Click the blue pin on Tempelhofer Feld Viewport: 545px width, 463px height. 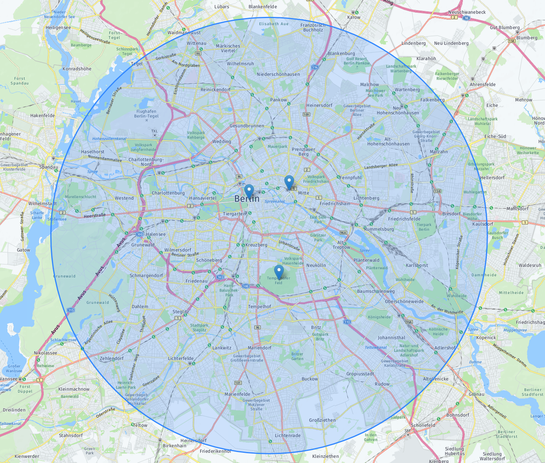[279, 271]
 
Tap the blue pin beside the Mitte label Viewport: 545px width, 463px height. [289, 182]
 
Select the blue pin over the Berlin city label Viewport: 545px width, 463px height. [249, 191]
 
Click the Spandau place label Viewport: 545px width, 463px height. [49, 167]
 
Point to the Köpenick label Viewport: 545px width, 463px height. [486, 338]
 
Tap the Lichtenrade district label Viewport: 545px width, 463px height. [288, 435]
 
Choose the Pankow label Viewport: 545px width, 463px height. [278, 100]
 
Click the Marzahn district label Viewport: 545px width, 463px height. [439, 152]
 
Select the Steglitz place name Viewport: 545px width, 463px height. [181, 312]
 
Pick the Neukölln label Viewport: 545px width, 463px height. [316, 265]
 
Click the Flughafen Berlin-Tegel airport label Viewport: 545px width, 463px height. [146, 114]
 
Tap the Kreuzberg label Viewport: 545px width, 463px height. [256, 245]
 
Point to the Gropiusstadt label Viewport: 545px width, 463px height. [360, 374]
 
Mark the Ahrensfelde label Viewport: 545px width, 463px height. [482, 85]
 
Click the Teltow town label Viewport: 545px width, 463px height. [140, 425]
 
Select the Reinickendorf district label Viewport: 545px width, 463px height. [215, 90]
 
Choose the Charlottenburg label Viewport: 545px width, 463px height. [168, 193]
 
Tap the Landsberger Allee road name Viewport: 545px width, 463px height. [381, 167]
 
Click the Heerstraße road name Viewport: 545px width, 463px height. [95, 215]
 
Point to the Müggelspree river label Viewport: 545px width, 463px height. [515, 330]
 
